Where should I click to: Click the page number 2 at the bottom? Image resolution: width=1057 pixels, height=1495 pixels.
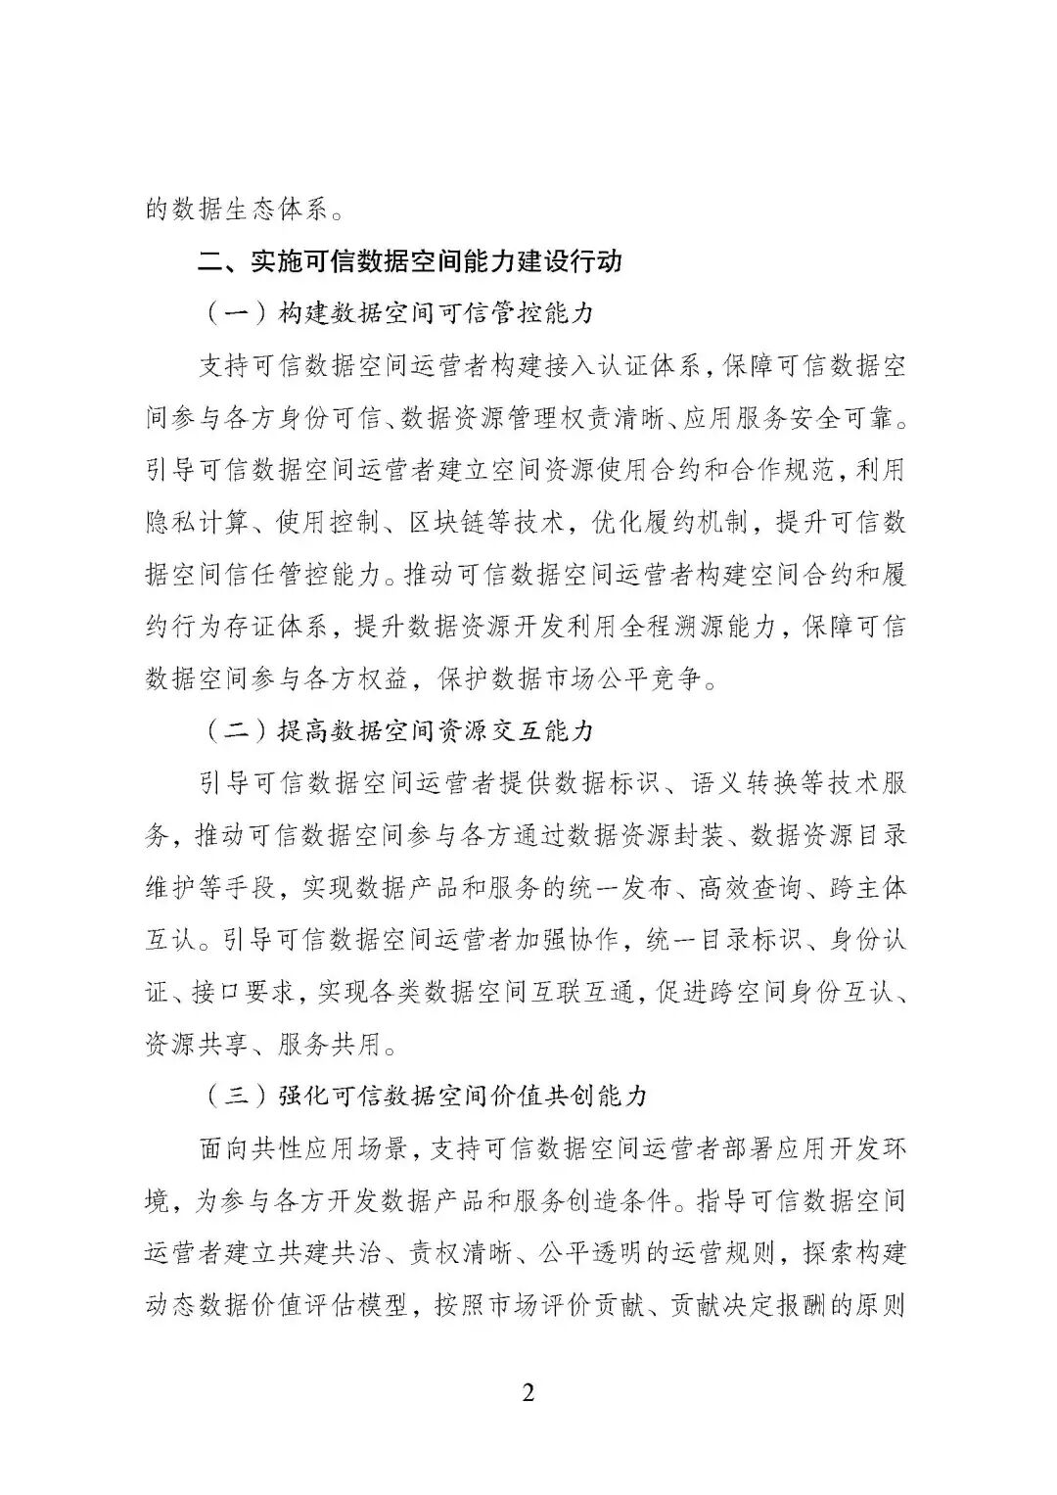528,1392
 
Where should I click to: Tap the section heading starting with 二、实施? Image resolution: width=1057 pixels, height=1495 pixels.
410,262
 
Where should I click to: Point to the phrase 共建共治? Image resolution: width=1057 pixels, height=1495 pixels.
354,1252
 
